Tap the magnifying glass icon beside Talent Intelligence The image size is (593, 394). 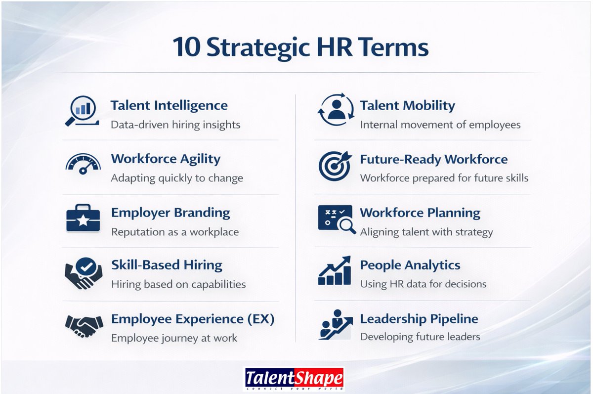coord(81,110)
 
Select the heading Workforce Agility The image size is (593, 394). coord(166,159)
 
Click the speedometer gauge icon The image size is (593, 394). coord(83,164)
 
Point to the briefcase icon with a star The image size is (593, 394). coord(83,219)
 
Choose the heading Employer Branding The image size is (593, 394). coord(170,213)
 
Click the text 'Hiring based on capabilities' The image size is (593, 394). coord(178,284)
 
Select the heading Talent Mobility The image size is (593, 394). coord(407,106)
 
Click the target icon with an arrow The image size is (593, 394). coord(336,165)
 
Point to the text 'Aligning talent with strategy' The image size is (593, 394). coord(426,232)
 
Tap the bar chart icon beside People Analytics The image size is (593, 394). coord(335,271)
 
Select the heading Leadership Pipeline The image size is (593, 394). coord(419,319)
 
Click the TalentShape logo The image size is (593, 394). coord(295,380)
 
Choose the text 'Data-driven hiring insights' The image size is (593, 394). coord(175,125)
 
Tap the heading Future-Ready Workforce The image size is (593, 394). coord(433,160)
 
